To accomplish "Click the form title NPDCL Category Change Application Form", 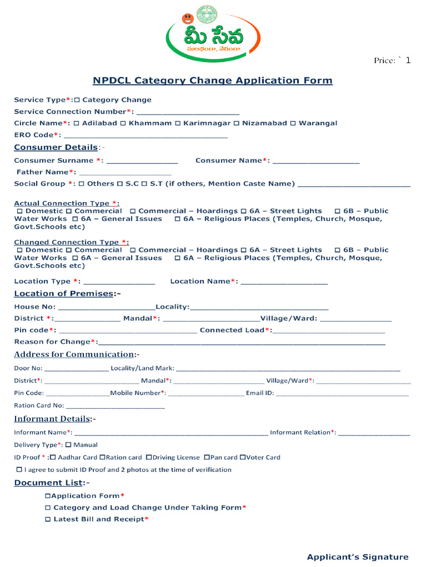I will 212,81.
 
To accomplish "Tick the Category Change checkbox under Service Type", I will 77,100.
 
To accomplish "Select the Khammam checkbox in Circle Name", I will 123,123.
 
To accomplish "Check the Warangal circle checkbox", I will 293,123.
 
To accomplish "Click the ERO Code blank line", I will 146,136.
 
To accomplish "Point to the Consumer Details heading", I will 55,147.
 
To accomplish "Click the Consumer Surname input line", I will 142,161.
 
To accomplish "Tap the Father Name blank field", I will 125,173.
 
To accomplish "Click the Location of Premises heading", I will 63,293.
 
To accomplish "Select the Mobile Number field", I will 206,394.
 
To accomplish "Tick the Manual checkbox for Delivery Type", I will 68,445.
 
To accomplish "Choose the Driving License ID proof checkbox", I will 149,457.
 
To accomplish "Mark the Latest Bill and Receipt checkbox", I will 48,519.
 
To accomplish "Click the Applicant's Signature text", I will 358,557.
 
